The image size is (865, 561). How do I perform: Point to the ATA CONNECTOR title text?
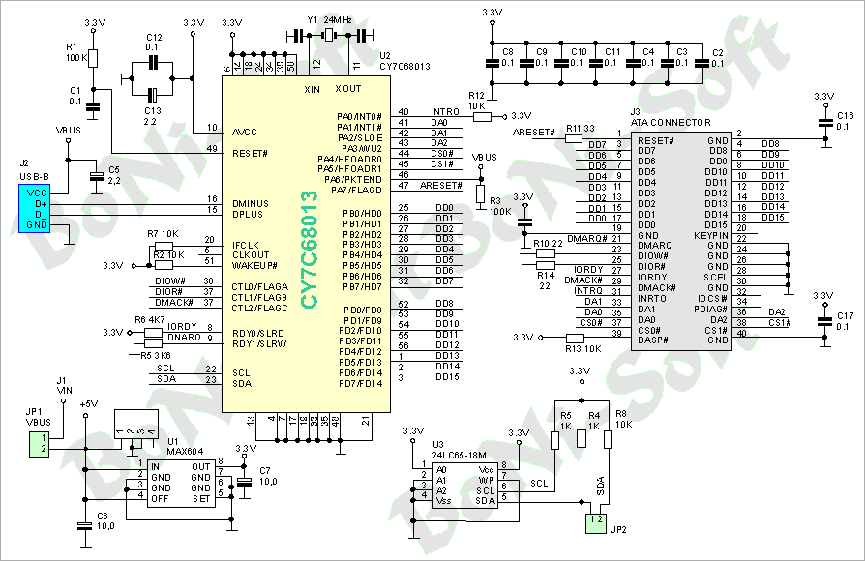(x=671, y=123)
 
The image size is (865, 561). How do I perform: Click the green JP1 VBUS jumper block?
(x=38, y=444)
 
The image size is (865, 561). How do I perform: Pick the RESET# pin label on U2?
(x=250, y=153)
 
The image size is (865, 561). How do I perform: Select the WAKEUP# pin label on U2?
(x=254, y=264)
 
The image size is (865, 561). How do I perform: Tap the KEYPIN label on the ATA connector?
(x=710, y=235)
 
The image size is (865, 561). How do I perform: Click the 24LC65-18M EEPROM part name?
(x=458, y=453)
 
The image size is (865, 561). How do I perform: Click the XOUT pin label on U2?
(x=347, y=89)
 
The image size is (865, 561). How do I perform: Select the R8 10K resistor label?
(x=623, y=420)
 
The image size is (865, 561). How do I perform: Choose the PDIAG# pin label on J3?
(x=713, y=310)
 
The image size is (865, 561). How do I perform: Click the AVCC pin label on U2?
(x=245, y=132)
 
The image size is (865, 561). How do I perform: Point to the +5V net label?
(x=89, y=403)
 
